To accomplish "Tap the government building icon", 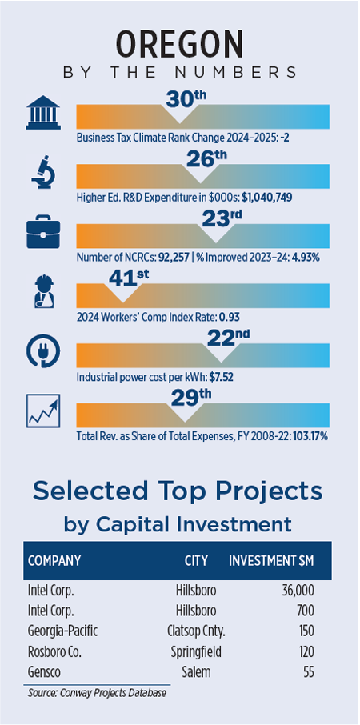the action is [43, 112].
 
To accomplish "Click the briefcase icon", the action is [43, 231].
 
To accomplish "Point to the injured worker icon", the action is [44, 292].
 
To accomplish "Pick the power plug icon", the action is [43, 351].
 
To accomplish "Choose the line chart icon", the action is [43, 411].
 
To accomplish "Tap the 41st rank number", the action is [129, 279].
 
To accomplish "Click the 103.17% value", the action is [310, 436].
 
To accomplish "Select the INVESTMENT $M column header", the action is [272, 561].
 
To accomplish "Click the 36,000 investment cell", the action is [298, 591].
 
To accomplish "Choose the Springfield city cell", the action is [196, 652].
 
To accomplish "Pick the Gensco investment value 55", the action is [308, 672].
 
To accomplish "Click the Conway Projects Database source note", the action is [97, 693].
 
